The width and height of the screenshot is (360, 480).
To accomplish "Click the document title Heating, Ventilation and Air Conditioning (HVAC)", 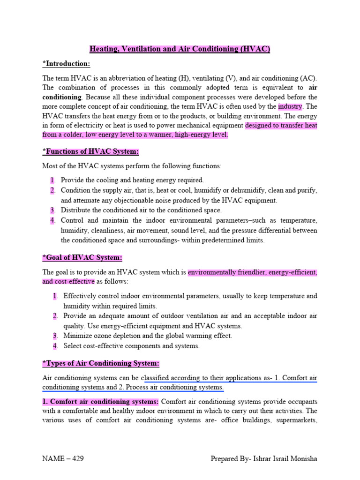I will (x=180, y=49).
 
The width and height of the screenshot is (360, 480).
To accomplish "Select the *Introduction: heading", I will (x=66, y=64).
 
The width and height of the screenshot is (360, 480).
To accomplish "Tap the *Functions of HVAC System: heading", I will (x=90, y=151).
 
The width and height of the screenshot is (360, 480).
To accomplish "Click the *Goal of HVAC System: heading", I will (x=82, y=258).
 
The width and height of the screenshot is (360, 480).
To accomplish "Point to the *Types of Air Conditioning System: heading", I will (x=101, y=363).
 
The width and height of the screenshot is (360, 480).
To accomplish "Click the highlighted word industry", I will (x=290, y=106).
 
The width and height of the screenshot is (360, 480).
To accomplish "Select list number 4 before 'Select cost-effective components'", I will (x=55, y=346).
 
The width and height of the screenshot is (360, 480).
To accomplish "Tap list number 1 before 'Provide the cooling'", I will (x=52, y=180).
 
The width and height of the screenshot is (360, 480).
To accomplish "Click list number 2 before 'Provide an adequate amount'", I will (x=55, y=316).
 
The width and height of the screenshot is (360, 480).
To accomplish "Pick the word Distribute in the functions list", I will (x=76, y=210).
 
